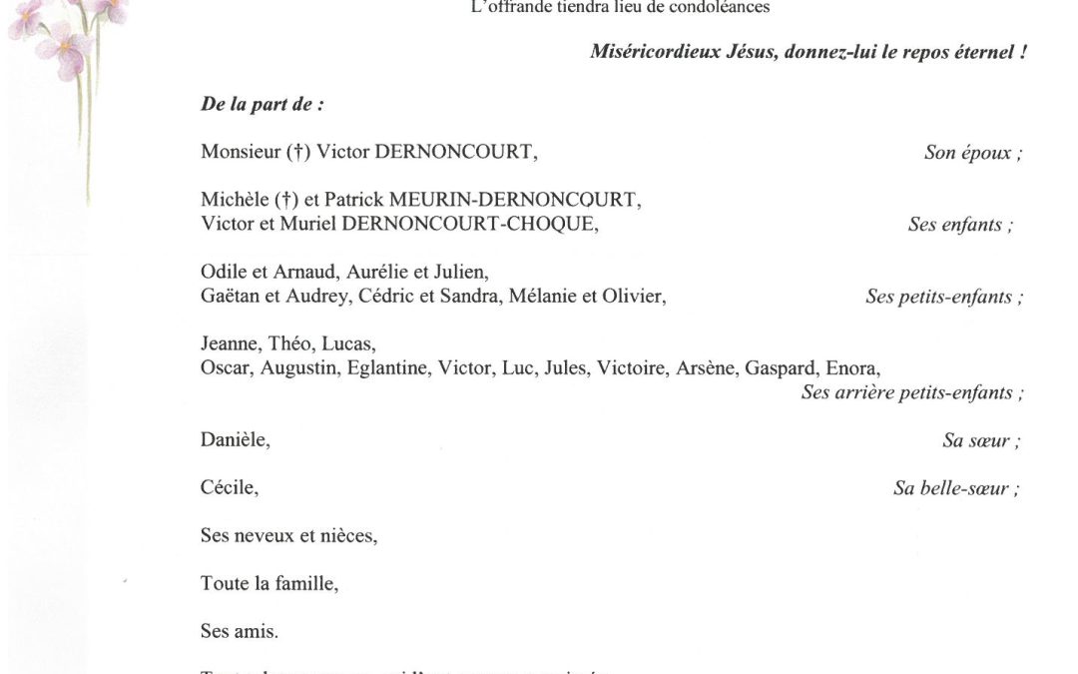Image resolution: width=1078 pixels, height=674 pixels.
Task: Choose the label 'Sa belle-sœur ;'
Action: click(x=957, y=489)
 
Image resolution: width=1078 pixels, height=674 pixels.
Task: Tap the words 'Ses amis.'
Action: click(x=240, y=632)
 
